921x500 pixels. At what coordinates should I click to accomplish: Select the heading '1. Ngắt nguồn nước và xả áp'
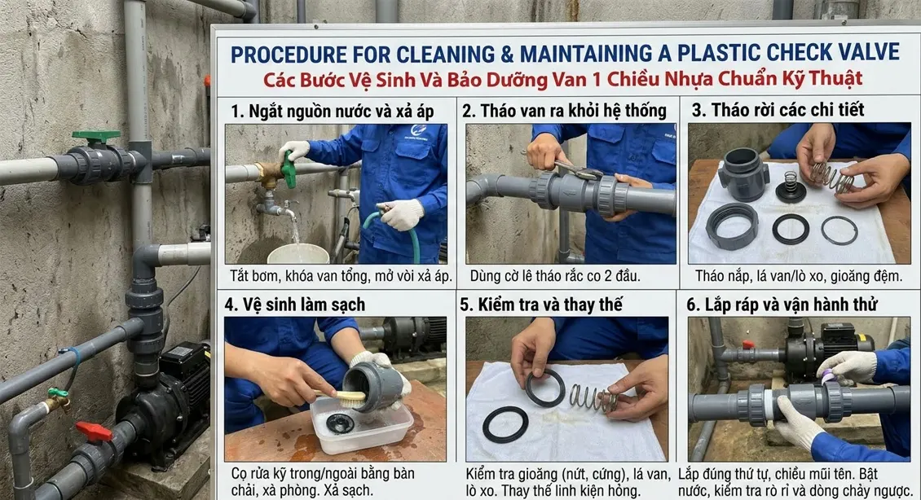(332, 110)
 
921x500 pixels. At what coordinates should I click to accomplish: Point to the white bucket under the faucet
(297, 253)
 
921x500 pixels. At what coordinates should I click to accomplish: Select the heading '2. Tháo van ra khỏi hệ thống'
(564, 110)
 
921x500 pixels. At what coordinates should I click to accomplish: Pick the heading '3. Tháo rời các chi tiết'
(778, 110)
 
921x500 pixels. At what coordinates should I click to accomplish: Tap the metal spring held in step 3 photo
(831, 175)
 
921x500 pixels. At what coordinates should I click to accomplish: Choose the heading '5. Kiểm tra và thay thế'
(541, 305)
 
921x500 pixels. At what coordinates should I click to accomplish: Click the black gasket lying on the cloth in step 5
(505, 424)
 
